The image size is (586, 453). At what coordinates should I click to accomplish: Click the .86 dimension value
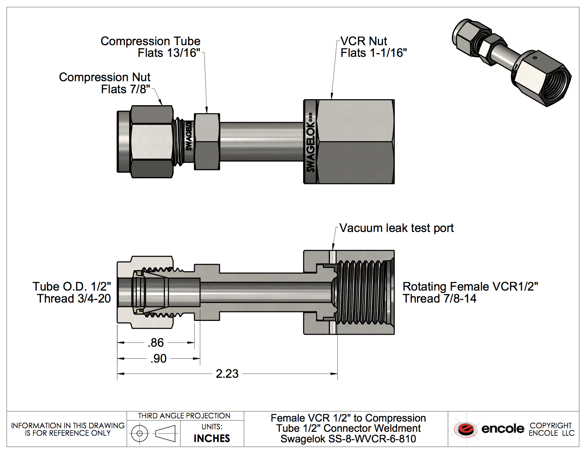(x=156, y=342)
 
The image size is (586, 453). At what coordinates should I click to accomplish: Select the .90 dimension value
(x=158, y=358)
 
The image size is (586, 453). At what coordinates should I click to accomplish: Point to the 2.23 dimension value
(x=227, y=374)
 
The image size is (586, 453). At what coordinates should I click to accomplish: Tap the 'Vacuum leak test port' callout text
(x=396, y=228)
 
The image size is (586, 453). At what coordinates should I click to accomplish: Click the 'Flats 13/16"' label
(x=169, y=53)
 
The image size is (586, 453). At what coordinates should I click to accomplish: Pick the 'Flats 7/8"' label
(x=125, y=89)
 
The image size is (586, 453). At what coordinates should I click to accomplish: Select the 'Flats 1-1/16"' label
(x=373, y=53)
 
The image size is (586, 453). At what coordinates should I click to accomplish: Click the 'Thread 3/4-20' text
(x=74, y=299)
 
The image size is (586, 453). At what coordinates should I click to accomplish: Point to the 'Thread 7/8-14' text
(x=439, y=299)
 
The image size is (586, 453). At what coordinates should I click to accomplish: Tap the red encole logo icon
(x=465, y=429)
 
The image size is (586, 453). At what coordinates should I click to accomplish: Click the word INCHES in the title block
(x=212, y=439)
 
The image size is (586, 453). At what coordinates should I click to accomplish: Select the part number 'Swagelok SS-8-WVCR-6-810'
(x=348, y=439)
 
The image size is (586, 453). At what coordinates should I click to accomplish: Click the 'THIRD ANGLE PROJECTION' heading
(x=184, y=416)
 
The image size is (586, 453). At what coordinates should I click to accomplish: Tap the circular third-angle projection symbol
(x=139, y=433)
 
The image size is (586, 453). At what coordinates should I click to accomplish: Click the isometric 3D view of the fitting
(x=511, y=62)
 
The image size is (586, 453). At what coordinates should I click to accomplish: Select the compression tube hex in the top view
(x=207, y=142)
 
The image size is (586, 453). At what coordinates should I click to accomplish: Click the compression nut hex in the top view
(x=152, y=142)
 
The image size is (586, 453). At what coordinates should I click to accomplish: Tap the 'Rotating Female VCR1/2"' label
(x=470, y=286)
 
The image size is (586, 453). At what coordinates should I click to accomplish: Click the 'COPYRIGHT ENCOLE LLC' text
(x=551, y=429)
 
